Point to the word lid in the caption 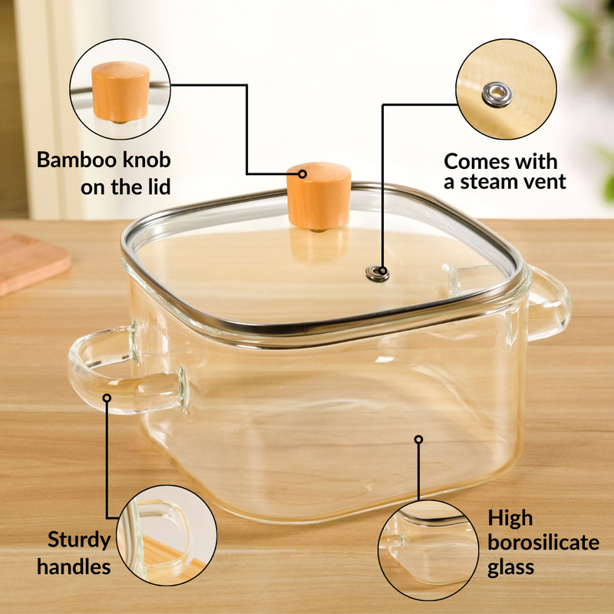154,187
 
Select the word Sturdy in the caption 79,540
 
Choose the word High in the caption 510,519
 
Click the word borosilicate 543,543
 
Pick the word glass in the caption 512,569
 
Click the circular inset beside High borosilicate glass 427,549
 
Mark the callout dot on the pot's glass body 419,440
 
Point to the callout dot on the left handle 107,398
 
